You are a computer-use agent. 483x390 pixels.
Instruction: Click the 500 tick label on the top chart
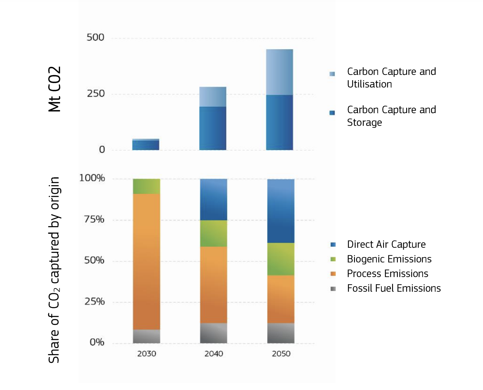95,37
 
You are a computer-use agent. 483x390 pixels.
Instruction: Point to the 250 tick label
96,93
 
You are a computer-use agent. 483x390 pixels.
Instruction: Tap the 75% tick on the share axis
94,219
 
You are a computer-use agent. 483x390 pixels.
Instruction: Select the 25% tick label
94,301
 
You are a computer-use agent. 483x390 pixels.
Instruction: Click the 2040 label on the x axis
214,354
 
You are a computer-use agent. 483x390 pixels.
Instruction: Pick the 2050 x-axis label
281,354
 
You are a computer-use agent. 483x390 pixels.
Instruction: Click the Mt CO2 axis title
55,89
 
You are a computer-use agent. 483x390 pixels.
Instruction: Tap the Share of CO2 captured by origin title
54,270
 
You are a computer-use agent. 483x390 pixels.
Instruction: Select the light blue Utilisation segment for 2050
280,72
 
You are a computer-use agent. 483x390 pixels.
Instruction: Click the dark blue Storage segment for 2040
213,128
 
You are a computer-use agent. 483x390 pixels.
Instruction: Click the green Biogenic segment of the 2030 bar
146,186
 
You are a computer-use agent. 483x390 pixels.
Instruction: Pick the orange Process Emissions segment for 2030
146,261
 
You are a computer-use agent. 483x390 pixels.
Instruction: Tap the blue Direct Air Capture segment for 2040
214,199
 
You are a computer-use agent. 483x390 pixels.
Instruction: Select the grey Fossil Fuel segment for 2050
281,333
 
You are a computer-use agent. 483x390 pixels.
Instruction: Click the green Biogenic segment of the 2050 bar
281,259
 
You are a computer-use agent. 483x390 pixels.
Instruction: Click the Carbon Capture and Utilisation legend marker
332,74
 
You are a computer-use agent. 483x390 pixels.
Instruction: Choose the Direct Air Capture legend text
386,244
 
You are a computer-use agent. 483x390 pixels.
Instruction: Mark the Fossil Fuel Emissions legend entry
394,288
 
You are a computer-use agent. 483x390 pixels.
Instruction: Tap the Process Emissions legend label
387,274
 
